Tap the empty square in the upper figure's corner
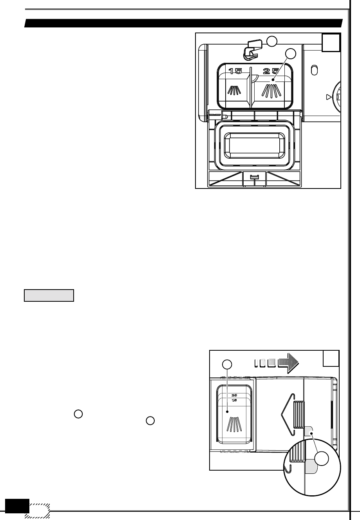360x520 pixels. click(331, 43)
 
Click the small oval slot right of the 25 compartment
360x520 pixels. click(313, 71)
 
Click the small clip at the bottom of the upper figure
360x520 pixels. click(254, 177)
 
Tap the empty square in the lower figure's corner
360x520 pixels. click(331, 359)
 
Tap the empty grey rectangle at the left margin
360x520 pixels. click(49, 295)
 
